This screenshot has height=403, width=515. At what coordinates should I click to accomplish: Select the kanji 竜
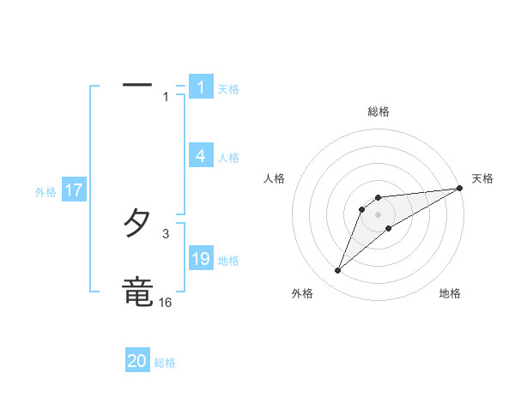tap(138, 292)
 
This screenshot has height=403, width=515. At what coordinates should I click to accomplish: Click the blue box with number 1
tap(201, 87)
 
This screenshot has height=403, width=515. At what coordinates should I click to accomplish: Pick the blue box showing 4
tap(201, 156)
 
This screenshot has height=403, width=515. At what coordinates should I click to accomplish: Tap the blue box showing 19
tap(201, 259)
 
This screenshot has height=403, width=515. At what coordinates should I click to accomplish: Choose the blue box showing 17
tap(74, 190)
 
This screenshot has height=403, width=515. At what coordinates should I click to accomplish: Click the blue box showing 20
tap(137, 361)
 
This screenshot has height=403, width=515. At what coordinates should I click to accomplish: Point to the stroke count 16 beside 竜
tap(165, 302)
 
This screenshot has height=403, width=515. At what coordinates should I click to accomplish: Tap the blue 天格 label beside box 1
tap(228, 88)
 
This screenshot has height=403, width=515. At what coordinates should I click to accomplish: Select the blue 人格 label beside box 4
tap(228, 157)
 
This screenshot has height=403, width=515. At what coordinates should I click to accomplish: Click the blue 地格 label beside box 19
tap(228, 260)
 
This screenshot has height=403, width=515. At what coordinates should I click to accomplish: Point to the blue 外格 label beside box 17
tap(45, 192)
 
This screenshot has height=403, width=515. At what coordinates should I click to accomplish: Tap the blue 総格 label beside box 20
tap(165, 363)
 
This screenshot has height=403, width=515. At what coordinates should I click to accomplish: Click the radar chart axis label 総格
tap(379, 111)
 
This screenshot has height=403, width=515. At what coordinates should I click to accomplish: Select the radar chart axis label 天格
tap(482, 178)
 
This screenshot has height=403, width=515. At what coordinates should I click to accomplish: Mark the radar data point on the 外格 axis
tap(338, 271)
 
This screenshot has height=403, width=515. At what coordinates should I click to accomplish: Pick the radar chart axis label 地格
tap(450, 293)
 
